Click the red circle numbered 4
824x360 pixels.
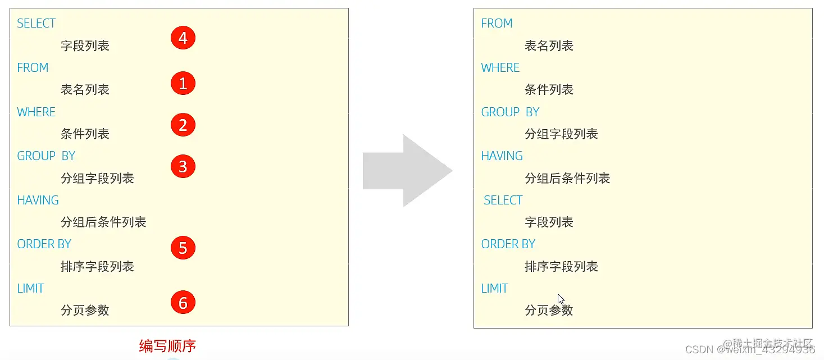[183, 38]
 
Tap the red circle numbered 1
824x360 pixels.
[183, 84]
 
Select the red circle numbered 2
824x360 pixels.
[183, 125]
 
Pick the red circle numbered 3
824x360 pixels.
[183, 166]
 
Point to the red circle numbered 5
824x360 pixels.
[183, 248]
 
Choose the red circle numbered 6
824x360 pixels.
[183, 303]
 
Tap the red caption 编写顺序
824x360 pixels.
[167, 346]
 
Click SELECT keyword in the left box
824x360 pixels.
[37, 24]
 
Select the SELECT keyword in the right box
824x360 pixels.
[503, 200]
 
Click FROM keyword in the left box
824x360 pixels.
[33, 68]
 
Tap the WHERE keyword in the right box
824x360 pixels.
[500, 68]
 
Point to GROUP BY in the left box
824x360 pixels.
[46, 156]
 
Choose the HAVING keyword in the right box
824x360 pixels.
[502, 156]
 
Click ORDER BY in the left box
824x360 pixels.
[44, 244]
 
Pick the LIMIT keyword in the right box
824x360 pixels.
[494, 289]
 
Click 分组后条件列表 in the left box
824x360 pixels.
[103, 222]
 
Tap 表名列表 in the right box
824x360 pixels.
[549, 46]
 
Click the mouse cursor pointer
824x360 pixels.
[561, 299]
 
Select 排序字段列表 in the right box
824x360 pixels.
[561, 267]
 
